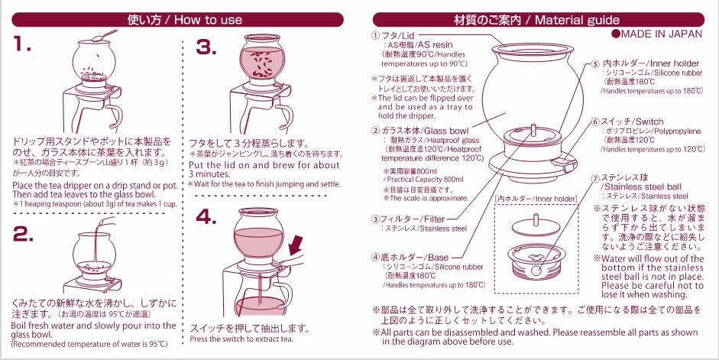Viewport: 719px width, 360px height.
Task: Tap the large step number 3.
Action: pos(207,47)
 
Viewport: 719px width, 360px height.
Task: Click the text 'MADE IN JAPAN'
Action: pos(658,34)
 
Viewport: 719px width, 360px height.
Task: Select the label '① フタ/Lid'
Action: pos(395,36)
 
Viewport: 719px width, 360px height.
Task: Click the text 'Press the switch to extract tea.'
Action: pos(241,339)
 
